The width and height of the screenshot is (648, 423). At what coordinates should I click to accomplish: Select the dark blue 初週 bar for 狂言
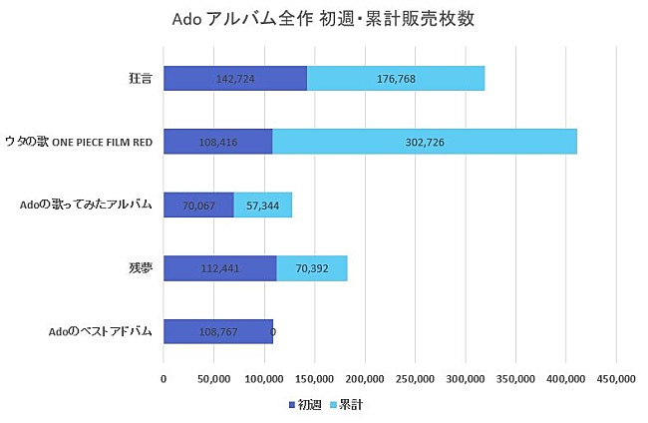click(x=235, y=78)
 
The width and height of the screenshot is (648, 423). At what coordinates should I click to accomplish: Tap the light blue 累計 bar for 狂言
click(x=396, y=78)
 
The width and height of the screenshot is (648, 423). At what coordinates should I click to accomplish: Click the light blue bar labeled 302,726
click(x=424, y=142)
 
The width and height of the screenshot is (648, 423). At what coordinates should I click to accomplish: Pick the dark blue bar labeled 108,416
click(x=217, y=142)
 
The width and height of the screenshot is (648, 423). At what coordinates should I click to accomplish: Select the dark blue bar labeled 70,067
click(x=198, y=205)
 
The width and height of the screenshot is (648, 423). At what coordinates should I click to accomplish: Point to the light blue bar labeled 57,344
click(x=262, y=205)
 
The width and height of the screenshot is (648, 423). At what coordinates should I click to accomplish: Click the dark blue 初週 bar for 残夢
click(x=219, y=267)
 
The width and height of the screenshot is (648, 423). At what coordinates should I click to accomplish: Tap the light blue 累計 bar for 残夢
click(x=311, y=267)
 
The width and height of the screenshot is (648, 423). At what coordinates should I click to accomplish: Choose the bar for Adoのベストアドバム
click(x=217, y=331)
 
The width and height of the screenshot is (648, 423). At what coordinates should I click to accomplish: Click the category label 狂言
click(x=140, y=78)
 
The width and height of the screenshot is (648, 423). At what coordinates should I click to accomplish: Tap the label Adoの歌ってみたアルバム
click(x=86, y=205)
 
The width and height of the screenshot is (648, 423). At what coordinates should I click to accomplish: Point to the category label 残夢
click(x=140, y=267)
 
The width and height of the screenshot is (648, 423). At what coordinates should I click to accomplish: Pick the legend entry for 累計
click(x=344, y=405)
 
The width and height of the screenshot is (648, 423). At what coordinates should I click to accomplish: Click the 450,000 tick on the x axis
click(x=616, y=379)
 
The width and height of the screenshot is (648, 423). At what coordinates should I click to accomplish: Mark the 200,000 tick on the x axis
click(x=365, y=379)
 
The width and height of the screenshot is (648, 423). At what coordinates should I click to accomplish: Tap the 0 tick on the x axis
click(x=163, y=379)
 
